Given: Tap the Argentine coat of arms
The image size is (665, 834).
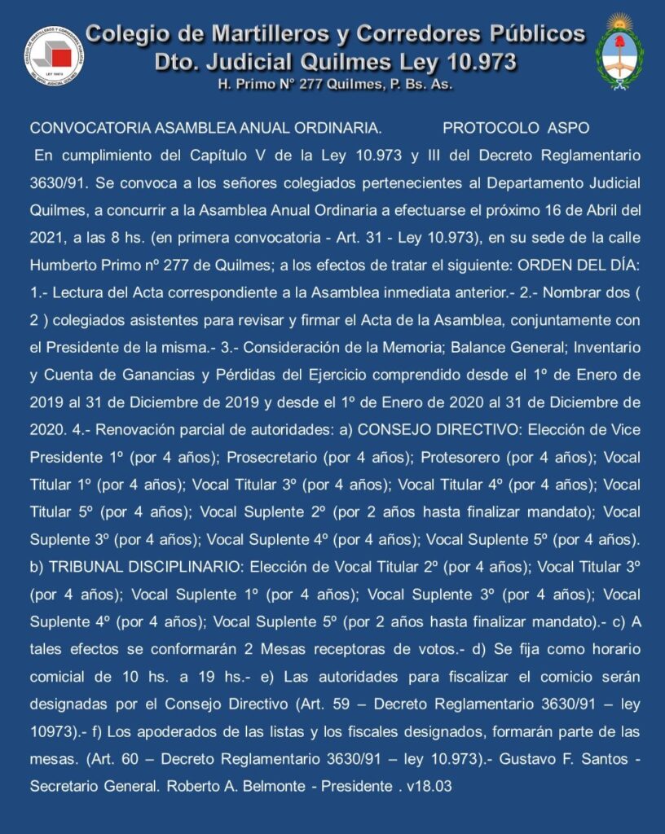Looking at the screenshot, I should pos(619,50).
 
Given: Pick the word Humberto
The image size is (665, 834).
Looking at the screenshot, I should pos(62,266).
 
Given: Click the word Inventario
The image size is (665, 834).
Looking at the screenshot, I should pos(602,347).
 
